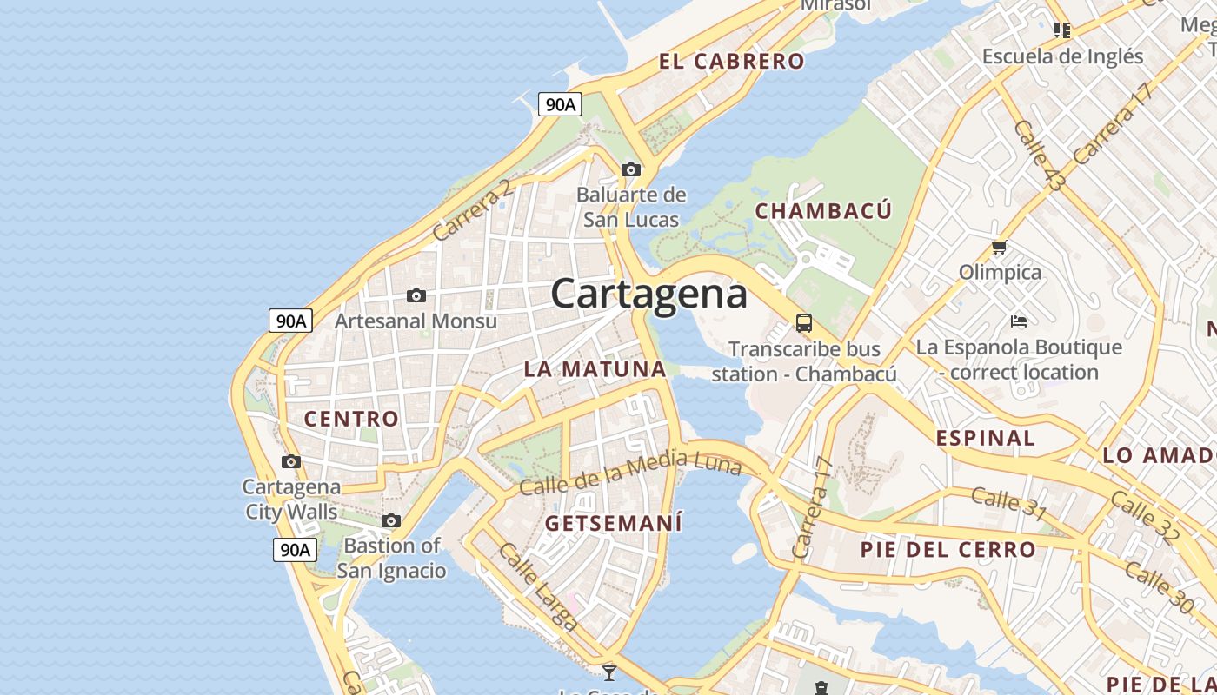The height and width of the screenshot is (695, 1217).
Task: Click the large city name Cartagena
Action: (x=648, y=294)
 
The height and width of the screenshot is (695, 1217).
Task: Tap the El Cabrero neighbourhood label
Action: (x=731, y=61)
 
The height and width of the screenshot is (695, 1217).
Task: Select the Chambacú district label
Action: (x=823, y=210)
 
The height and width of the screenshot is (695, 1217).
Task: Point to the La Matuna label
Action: (x=595, y=368)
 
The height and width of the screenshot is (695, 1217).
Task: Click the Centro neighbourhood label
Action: (x=351, y=419)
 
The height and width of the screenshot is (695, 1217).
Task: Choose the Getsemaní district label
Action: (x=613, y=523)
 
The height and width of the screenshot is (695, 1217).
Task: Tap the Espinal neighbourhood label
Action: (x=986, y=438)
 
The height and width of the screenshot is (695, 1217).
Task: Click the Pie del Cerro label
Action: (x=948, y=549)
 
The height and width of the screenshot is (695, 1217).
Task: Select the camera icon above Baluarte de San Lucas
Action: (x=631, y=169)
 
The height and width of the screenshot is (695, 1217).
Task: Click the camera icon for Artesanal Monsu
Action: (x=416, y=296)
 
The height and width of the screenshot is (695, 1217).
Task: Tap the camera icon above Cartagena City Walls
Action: (x=291, y=461)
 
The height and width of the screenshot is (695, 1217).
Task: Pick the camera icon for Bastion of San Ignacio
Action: (x=391, y=520)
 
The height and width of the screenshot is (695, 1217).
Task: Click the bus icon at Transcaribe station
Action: (x=804, y=323)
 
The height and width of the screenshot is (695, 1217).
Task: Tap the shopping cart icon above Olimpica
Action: (x=1000, y=248)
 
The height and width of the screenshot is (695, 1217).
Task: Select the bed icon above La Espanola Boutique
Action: (x=1019, y=321)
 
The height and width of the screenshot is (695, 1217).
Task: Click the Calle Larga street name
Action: (x=537, y=586)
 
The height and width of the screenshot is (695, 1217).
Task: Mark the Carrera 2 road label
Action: (x=472, y=211)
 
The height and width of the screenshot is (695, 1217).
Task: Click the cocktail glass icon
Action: (x=609, y=672)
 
